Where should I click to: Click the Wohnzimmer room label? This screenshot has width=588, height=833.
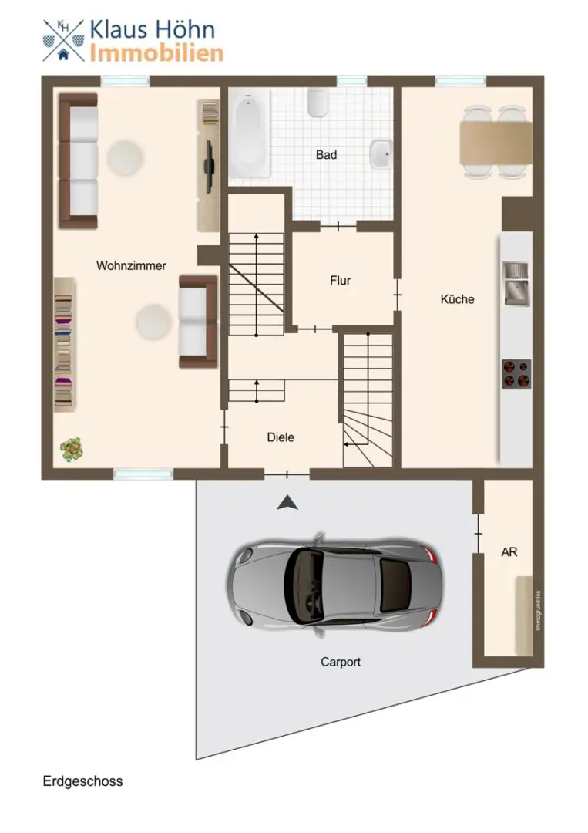(x=131, y=265)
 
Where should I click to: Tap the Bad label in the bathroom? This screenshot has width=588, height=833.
(x=327, y=154)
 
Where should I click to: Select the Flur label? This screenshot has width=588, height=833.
(x=340, y=281)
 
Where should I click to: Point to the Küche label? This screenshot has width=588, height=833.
(x=458, y=299)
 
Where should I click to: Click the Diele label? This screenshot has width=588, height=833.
(x=281, y=437)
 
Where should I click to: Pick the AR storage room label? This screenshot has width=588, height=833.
(x=509, y=552)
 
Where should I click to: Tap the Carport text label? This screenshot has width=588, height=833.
(x=341, y=662)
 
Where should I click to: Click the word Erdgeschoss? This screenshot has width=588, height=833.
(x=82, y=781)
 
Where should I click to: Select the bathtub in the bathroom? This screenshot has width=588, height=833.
(x=250, y=133)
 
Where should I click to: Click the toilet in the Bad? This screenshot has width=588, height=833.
(x=318, y=102)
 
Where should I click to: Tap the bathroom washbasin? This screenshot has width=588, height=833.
(x=381, y=154)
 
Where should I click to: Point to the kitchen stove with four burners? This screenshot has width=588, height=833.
(x=516, y=374)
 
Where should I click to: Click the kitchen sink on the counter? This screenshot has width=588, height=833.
(x=516, y=284)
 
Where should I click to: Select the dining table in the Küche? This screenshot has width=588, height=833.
(x=496, y=143)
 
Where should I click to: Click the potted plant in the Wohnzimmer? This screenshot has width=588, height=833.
(x=72, y=450)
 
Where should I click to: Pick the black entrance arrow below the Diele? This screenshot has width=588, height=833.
(x=287, y=503)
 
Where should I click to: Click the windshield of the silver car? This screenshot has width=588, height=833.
(x=305, y=585)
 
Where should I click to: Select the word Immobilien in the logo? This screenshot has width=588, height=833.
(x=156, y=53)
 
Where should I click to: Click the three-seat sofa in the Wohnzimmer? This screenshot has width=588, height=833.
(x=79, y=161)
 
